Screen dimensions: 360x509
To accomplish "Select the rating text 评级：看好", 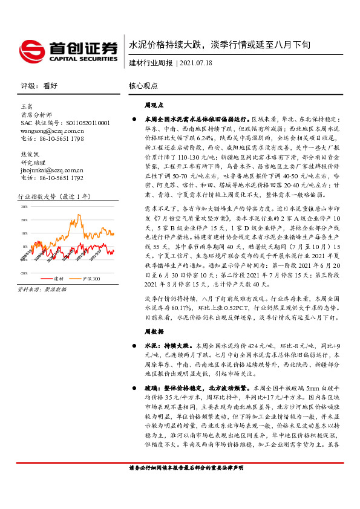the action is [38, 86].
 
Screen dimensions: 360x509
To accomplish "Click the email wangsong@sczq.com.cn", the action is [52, 130].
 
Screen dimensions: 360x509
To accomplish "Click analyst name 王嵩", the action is [26, 106].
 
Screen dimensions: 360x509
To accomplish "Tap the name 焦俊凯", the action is [30, 154].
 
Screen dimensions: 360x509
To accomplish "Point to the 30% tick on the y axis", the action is [25, 206].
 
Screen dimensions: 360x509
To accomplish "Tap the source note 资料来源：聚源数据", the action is [43, 290].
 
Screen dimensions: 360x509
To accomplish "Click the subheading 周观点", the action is [154, 105].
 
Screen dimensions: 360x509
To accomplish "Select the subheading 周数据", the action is [154, 332].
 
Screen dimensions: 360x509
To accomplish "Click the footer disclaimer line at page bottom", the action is [186, 485].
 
